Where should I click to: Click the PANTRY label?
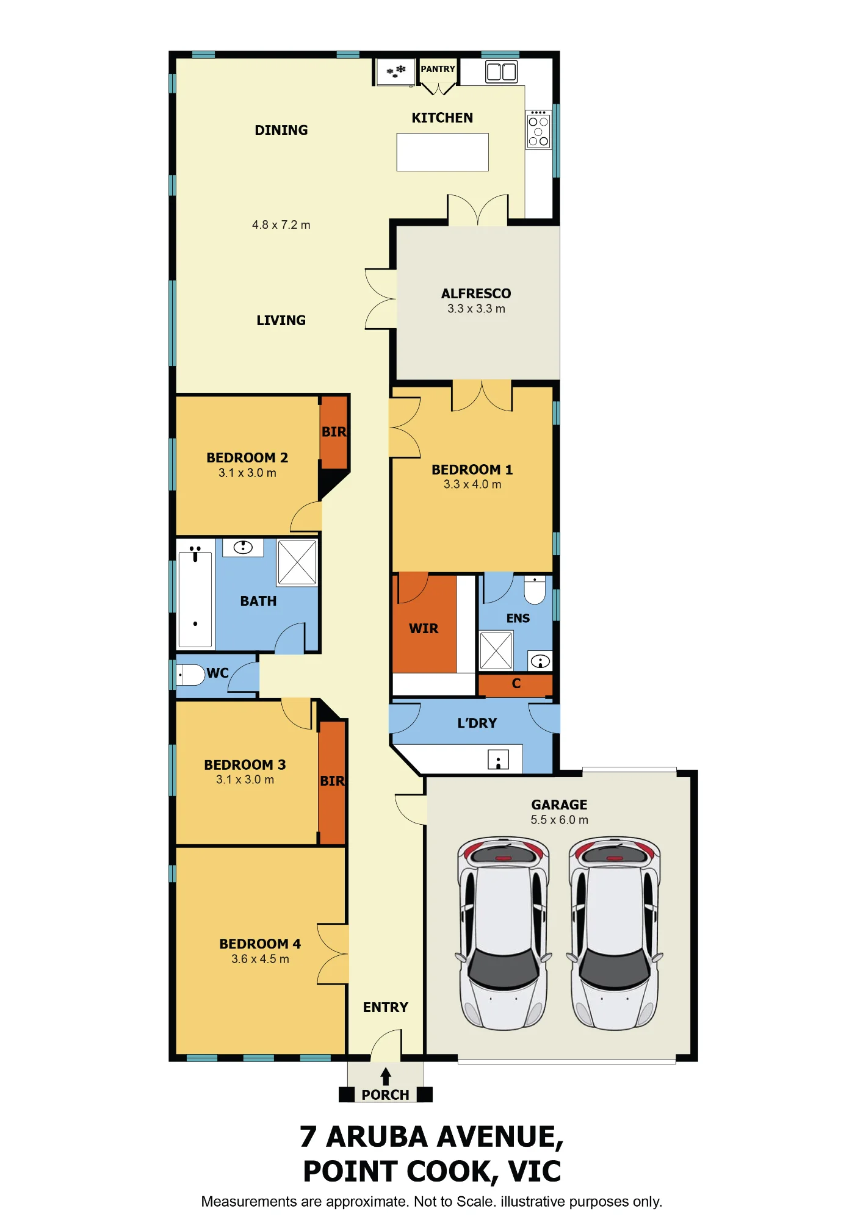coord(438,69)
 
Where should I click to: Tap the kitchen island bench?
coord(442,152)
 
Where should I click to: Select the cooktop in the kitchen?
coord(538,130)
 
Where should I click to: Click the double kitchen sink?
coord(502,71)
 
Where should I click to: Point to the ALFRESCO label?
coord(476,293)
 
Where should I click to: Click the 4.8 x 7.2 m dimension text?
coord(281,225)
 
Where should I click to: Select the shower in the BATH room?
coord(297,562)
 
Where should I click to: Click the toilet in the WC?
coord(190,675)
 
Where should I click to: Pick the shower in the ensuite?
coord(496,651)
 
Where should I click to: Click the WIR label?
coord(424,629)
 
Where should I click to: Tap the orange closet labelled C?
coord(516,684)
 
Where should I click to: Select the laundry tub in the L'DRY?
coord(499,759)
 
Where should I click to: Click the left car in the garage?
coord(504,933)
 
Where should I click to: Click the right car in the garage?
coord(615,933)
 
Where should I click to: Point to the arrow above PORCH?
coord(386,1076)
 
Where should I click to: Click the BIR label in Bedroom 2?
coord(334,432)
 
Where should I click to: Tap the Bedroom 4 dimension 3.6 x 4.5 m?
coord(260,959)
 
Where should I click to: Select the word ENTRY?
coord(386,1007)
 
